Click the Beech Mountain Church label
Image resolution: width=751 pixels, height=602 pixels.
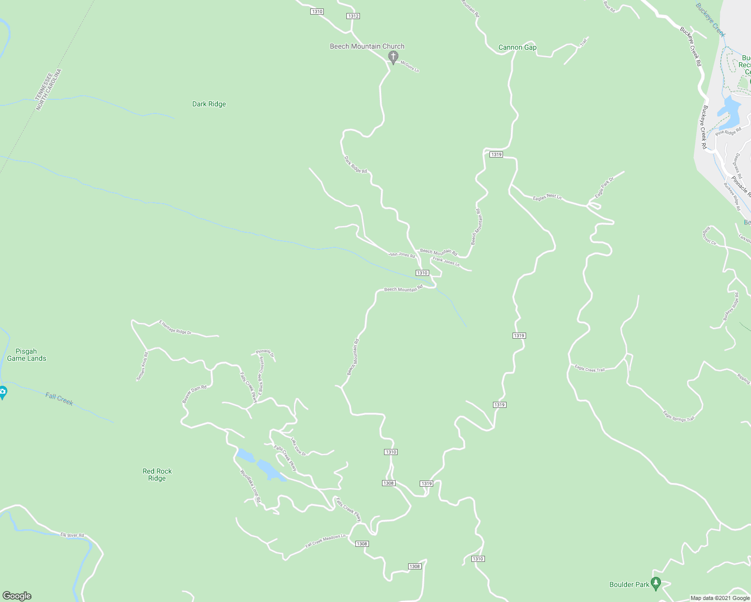pos(367,46)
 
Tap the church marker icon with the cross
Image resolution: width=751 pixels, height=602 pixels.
pos(394,57)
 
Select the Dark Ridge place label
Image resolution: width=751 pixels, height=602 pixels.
pos(209,104)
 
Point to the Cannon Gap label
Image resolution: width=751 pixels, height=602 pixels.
pos(517,47)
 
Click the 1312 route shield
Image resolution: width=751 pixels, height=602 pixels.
pos(353,16)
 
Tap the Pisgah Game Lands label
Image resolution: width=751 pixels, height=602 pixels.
pos(27,355)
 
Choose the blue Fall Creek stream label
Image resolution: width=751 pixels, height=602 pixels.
pos(59,399)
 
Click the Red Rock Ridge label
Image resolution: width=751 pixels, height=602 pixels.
pos(157,475)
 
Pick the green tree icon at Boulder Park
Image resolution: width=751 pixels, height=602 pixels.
pos(655,583)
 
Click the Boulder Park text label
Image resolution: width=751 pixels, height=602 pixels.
pos(629,584)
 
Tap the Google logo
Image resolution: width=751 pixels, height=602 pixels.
pos(17,595)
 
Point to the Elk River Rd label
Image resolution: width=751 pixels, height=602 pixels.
pos(72,535)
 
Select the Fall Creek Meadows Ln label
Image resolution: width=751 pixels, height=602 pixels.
pos(325,541)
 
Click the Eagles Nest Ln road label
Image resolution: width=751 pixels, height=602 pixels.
pos(547,197)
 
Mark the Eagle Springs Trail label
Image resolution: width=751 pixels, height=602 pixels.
pos(679,416)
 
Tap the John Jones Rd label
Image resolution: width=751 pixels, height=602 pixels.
pos(402,255)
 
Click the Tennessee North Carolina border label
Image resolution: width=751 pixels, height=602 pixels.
pos(48,90)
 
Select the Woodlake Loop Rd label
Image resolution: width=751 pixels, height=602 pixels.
pos(251,486)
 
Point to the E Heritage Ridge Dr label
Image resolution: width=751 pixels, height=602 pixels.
pos(175,327)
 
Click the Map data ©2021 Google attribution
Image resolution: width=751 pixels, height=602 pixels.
pos(720,598)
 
